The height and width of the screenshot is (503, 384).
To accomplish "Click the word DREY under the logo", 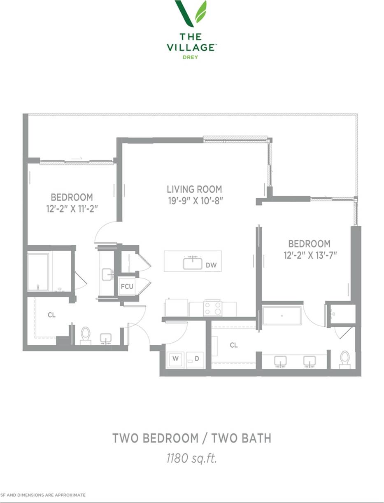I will [191, 57].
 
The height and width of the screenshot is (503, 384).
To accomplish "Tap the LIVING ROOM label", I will [194, 189].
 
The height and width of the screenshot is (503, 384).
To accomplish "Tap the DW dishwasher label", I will [211, 265].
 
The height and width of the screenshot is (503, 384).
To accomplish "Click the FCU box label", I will [127, 287].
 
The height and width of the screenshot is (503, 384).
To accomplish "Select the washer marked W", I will [175, 359].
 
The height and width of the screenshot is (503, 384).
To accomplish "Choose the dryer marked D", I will [197, 359].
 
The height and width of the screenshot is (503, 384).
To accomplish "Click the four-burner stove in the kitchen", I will [213, 308].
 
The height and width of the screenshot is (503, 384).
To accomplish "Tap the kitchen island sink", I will [193, 262].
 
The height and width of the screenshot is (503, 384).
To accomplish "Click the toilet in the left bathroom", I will [86, 335].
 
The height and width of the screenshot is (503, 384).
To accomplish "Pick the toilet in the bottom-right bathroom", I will [345, 359].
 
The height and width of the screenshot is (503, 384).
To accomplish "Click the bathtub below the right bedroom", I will [282, 316].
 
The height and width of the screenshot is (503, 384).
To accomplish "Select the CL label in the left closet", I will [51, 315].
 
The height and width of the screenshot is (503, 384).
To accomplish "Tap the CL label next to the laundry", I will [233, 345].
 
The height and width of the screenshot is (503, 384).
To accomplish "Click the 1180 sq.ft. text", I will [191, 459].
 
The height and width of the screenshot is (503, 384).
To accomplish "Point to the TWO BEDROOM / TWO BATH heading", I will [192, 438].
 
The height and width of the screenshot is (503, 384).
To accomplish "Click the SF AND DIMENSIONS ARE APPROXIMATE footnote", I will [43, 494].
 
